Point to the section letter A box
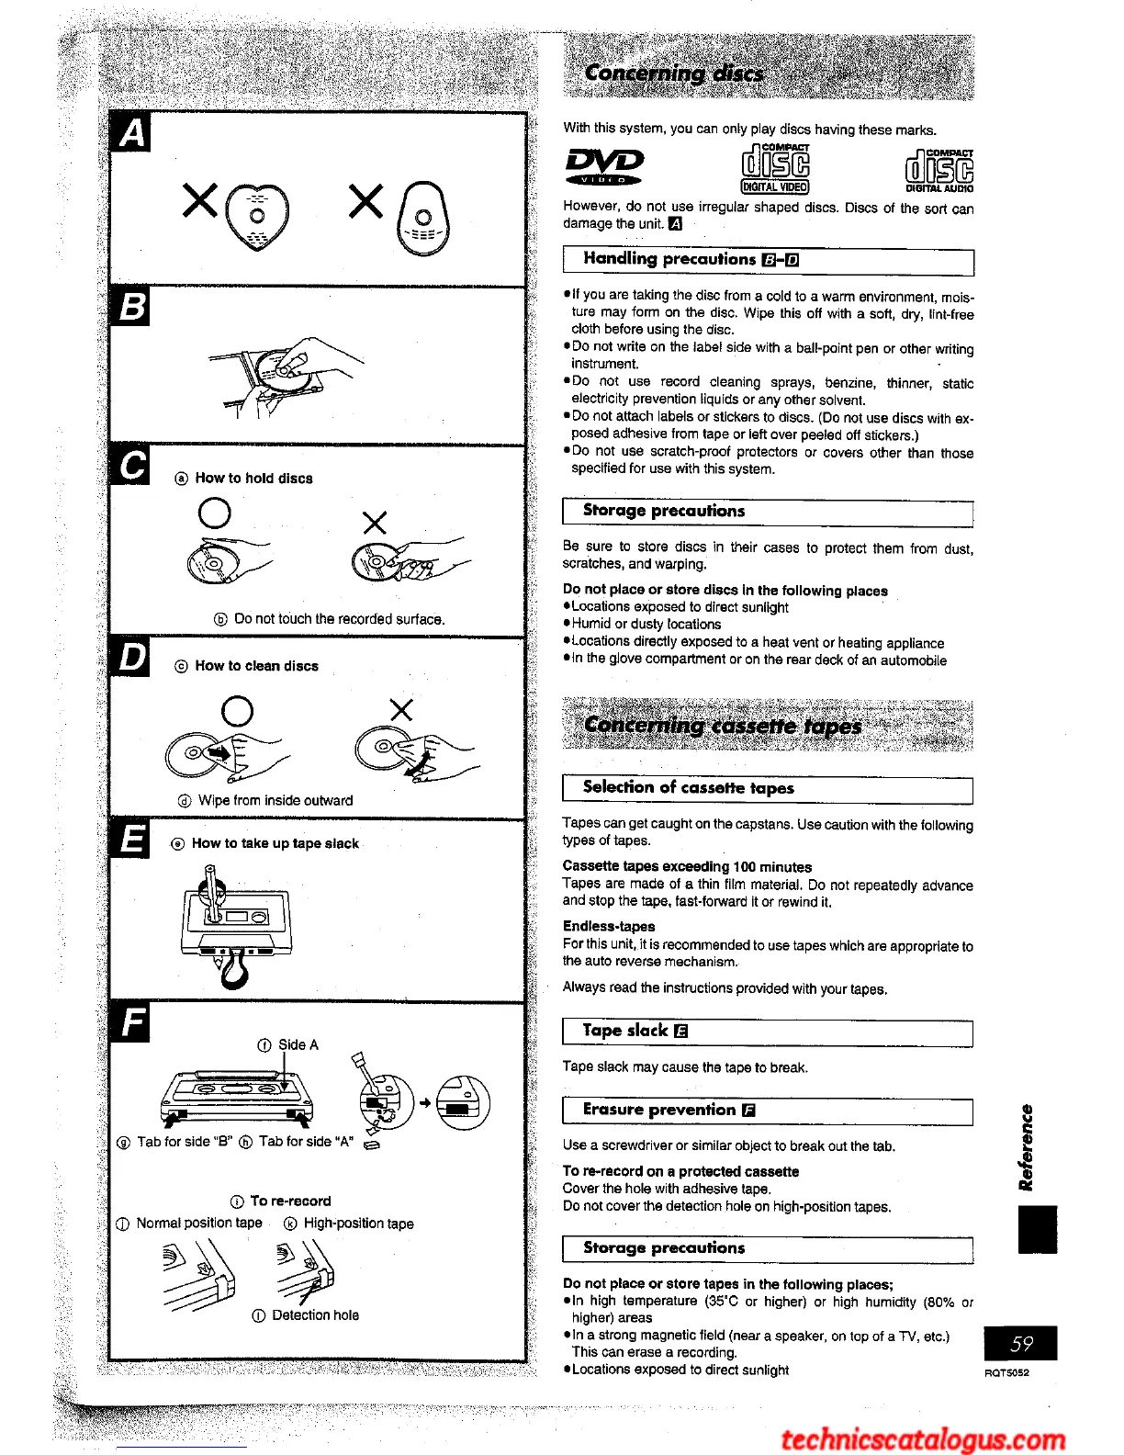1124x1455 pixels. (130, 132)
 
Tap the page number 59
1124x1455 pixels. (1020, 1343)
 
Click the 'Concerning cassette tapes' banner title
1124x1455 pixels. (722, 726)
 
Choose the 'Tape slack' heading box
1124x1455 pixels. (767, 1032)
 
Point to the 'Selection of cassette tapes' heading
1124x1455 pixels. (688, 788)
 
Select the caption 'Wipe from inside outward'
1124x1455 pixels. (275, 800)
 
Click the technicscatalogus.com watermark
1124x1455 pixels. (923, 1438)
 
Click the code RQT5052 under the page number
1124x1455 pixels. (1006, 1372)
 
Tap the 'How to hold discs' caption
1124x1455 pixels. (253, 479)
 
